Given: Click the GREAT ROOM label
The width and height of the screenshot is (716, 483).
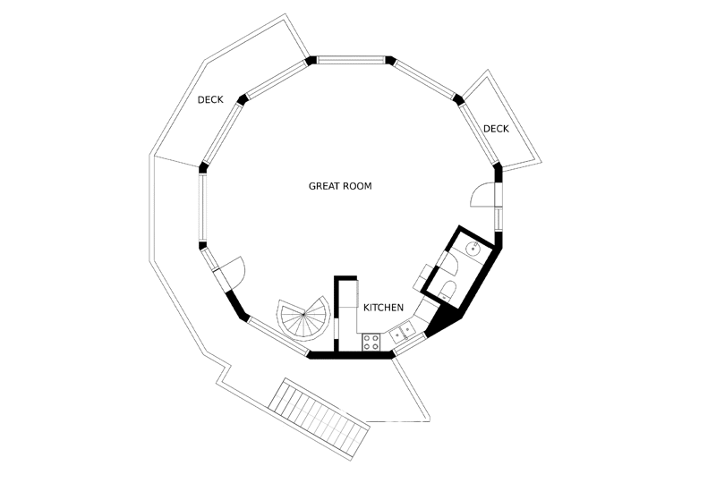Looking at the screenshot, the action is (x=340, y=186).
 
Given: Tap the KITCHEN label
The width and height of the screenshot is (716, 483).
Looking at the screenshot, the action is (x=383, y=308).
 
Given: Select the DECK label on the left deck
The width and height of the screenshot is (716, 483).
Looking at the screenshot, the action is (x=210, y=99).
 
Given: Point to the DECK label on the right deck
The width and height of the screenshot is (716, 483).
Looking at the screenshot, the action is (x=496, y=129).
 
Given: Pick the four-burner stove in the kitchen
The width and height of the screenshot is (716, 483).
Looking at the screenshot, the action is (x=371, y=342).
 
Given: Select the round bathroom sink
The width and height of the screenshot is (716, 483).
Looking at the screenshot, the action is (x=473, y=249).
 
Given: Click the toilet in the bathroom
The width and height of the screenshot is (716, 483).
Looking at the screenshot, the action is (x=447, y=292).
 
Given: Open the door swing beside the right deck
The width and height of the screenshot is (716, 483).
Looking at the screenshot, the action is (x=481, y=194).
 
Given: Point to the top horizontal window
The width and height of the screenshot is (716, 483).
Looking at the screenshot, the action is (x=351, y=60).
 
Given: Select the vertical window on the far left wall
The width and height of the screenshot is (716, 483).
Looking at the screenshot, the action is (x=202, y=208).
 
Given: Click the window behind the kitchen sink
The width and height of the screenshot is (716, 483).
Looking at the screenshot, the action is (x=409, y=343).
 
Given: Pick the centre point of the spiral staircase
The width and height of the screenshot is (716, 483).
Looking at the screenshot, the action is (x=303, y=314).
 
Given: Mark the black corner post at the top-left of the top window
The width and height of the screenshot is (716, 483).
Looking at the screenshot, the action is (x=311, y=60).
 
